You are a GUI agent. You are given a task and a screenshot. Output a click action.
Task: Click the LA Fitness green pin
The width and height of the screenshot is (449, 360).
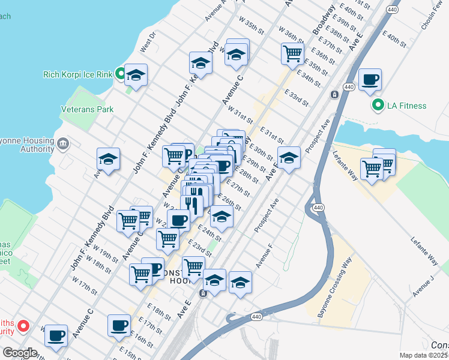coord(378,106)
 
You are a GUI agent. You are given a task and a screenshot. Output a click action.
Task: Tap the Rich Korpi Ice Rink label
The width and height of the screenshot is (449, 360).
coord(78,75)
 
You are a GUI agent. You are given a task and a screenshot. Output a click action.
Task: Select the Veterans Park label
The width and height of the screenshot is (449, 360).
coord(87,110)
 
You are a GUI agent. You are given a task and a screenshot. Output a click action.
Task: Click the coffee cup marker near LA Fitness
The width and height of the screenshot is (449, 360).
coord(370,80)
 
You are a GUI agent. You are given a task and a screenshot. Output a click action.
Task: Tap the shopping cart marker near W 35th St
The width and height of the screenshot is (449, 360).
coord(292,53)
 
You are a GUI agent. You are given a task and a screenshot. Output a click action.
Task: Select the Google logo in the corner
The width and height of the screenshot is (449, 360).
coord(20,353)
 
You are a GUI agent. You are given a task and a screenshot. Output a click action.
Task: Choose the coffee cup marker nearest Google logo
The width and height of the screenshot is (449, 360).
coord(56,336)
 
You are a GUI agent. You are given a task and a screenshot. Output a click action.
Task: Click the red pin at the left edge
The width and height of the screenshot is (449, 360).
coord(23,326)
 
